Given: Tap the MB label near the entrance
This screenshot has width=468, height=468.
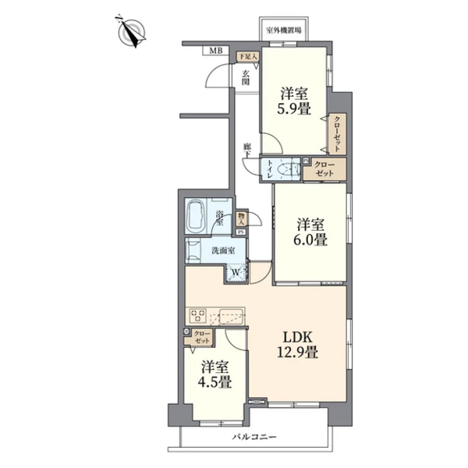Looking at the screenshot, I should [x=214, y=51].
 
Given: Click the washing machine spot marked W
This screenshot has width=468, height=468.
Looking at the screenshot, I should [x=235, y=272].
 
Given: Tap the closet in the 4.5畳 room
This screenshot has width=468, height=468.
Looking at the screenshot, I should [x=203, y=338].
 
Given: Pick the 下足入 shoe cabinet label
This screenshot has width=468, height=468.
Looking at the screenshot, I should [x=246, y=56].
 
